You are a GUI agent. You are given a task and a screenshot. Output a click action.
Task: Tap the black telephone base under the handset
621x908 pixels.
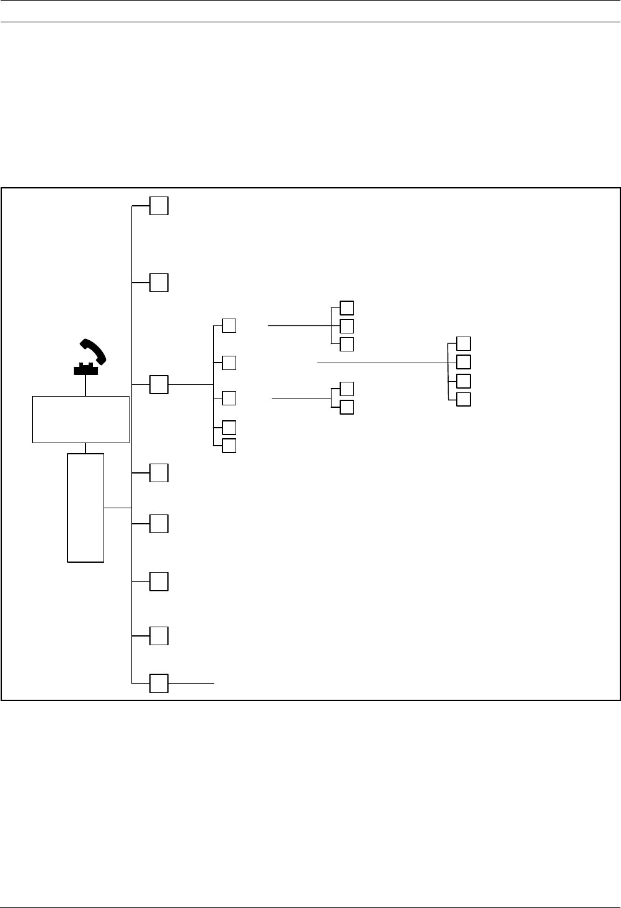(x=86, y=369)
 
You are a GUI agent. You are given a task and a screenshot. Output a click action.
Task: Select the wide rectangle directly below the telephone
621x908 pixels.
(x=81, y=420)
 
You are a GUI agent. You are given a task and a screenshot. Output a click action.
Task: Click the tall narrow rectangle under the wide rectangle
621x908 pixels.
(x=86, y=508)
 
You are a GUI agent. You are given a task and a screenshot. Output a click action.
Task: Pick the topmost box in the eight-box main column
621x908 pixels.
(x=159, y=206)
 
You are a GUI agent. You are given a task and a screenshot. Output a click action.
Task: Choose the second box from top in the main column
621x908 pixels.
(x=159, y=282)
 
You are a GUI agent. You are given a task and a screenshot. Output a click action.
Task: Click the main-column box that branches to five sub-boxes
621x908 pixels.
(x=159, y=384)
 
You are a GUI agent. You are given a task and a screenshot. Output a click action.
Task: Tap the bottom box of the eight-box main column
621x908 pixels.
(x=159, y=683)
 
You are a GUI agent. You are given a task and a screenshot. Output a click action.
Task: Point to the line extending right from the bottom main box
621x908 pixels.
(x=192, y=683)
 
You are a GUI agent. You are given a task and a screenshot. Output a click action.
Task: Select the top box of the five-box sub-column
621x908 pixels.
(x=229, y=325)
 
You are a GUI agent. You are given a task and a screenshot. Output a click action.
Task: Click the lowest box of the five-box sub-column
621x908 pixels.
(x=229, y=445)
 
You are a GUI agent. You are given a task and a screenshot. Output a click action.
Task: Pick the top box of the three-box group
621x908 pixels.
(x=347, y=307)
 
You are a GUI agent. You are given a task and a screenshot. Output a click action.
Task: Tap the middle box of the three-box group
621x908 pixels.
(x=347, y=325)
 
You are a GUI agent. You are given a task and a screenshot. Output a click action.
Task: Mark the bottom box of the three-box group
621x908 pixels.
(x=347, y=344)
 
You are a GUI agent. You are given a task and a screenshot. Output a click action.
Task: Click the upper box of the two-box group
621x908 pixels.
(x=347, y=389)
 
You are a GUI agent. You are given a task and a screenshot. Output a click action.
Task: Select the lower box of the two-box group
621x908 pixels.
(x=347, y=407)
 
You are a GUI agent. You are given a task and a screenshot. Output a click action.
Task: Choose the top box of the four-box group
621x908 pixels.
(x=463, y=343)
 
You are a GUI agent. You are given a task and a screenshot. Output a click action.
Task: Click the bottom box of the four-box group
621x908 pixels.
(x=463, y=399)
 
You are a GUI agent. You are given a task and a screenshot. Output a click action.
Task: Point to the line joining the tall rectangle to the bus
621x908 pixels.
(x=118, y=508)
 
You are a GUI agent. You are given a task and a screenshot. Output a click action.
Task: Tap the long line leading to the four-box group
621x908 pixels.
(x=381, y=362)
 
